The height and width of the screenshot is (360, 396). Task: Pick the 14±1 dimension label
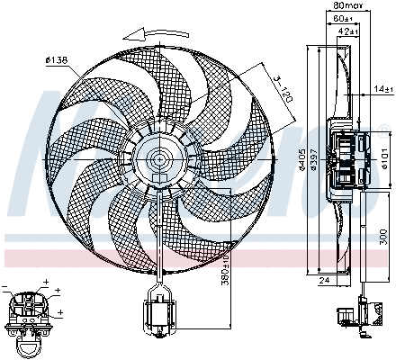[x=382, y=88]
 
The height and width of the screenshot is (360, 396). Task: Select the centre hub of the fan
[x=160, y=160]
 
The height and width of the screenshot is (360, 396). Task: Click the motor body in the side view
[x=347, y=159]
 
